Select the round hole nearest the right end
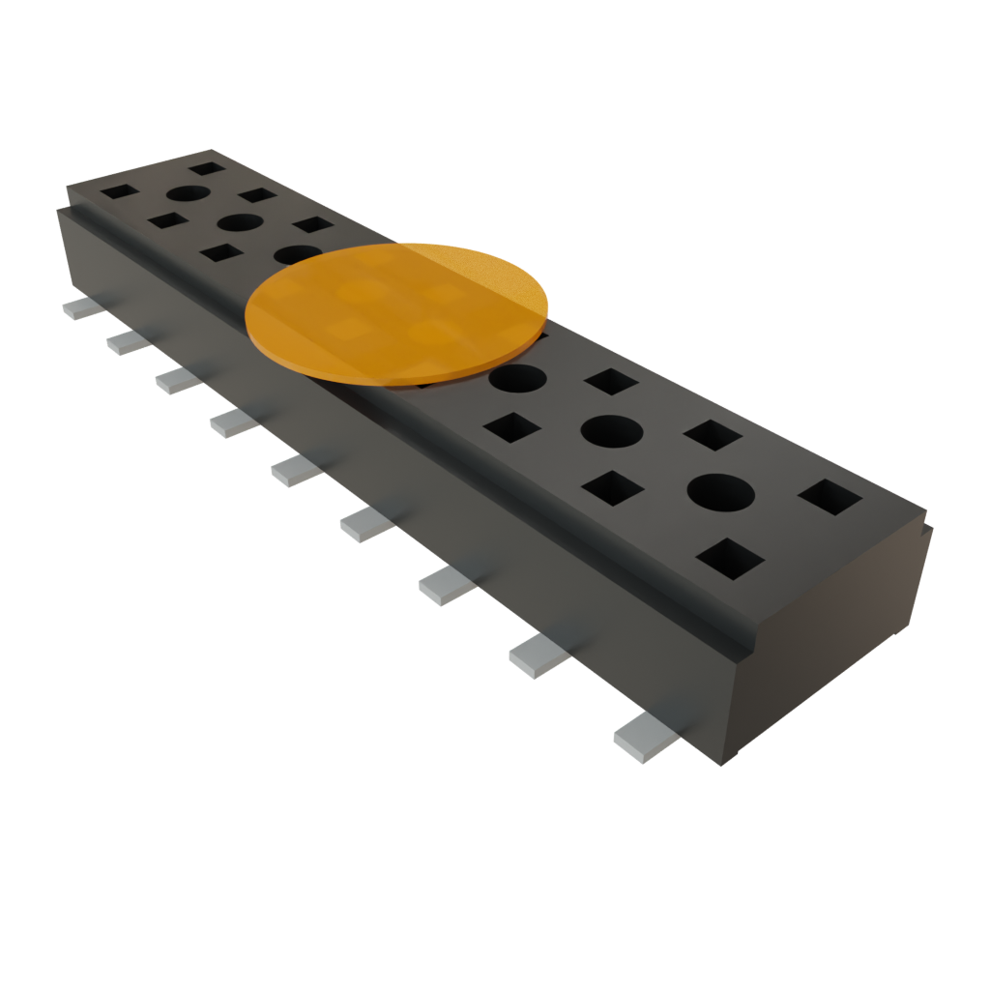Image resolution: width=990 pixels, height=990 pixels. tap(720, 492)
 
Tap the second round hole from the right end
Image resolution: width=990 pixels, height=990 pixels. tap(612, 430)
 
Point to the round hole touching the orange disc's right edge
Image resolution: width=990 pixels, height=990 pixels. tap(518, 377)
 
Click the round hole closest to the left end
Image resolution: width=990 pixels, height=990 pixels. tap(189, 192)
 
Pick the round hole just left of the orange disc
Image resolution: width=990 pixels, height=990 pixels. tap(295, 254)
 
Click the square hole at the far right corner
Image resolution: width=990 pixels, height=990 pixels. tap(830, 497)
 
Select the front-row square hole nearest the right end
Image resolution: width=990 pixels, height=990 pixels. tap(730, 559)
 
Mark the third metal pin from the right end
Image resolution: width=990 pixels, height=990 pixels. tap(447, 585)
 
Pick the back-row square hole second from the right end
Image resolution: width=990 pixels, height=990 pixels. tap(713, 435)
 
